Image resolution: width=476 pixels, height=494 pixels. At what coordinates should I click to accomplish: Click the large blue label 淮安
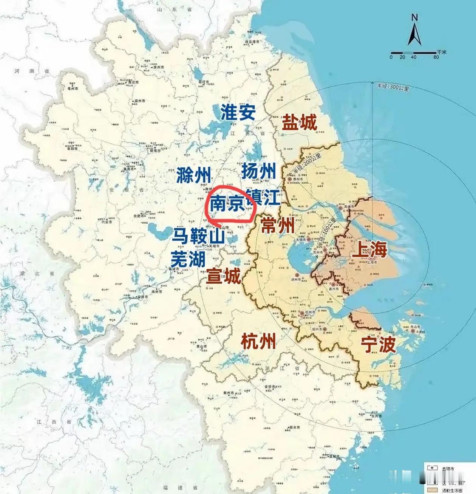pyautogui.click(x=238, y=112)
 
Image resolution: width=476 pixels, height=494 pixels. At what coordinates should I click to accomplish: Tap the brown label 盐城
pyautogui.click(x=300, y=122)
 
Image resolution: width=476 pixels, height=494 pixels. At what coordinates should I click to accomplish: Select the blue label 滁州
pyautogui.click(x=193, y=175)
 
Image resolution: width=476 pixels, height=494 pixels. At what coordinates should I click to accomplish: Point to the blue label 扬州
pyautogui.click(x=259, y=171)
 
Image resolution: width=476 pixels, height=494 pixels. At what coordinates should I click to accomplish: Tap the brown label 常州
pyautogui.click(x=278, y=226)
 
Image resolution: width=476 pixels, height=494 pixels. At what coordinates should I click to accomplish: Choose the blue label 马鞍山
pyautogui.click(x=198, y=236)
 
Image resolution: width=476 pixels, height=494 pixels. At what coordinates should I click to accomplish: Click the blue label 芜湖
pyautogui.click(x=188, y=259)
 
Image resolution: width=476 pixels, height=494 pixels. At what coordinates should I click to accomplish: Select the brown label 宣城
pyautogui.click(x=223, y=276)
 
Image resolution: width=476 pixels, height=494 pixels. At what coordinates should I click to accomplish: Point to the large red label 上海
pyautogui.click(x=369, y=250)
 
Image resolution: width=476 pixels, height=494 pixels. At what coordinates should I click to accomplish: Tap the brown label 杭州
pyautogui.click(x=258, y=342)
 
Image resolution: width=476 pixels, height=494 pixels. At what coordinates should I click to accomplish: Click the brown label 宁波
pyautogui.click(x=378, y=344)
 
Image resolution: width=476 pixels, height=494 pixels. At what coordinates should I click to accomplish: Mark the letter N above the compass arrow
pyautogui.click(x=414, y=17)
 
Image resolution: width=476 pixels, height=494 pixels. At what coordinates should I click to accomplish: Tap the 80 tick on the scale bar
pyautogui.click(x=436, y=57)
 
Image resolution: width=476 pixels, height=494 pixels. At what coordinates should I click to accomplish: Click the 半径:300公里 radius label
pyautogui.click(x=393, y=87)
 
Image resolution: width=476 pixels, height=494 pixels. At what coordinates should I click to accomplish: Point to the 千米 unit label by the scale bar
pyautogui.click(x=442, y=52)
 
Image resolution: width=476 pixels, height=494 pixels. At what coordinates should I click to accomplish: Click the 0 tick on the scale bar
pyautogui.click(x=391, y=57)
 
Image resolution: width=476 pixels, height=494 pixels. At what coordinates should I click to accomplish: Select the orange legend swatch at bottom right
pyautogui.click(x=432, y=490)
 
